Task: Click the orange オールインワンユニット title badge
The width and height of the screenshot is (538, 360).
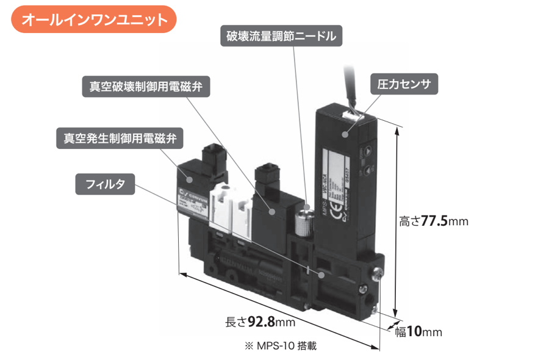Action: pyautogui.click(x=94, y=20)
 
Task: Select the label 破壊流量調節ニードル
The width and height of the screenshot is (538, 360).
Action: pyautogui.click(x=281, y=36)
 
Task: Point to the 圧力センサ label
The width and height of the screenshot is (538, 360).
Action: pyautogui.click(x=404, y=84)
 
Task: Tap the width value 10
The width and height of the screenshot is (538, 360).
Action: pyautogui.click(x=414, y=332)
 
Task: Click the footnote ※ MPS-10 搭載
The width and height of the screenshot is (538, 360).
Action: pyautogui.click(x=281, y=345)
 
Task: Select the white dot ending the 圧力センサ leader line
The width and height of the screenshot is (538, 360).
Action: pyautogui.click(x=346, y=135)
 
